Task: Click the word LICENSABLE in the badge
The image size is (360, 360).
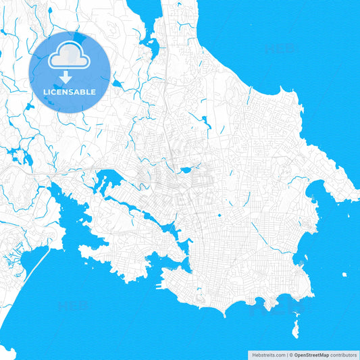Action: click(70, 91)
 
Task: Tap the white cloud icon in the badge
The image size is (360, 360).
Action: click(70, 56)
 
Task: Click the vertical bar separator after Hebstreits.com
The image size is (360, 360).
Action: click(286, 354)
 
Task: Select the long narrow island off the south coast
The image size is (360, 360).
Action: click(296, 330)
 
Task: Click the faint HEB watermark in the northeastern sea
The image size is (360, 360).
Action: click(280, 49)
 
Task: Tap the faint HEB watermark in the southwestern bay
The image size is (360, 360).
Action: click(72, 306)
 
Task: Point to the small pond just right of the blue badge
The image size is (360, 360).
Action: click(117, 84)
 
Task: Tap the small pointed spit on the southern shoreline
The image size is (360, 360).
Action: click(222, 313)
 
